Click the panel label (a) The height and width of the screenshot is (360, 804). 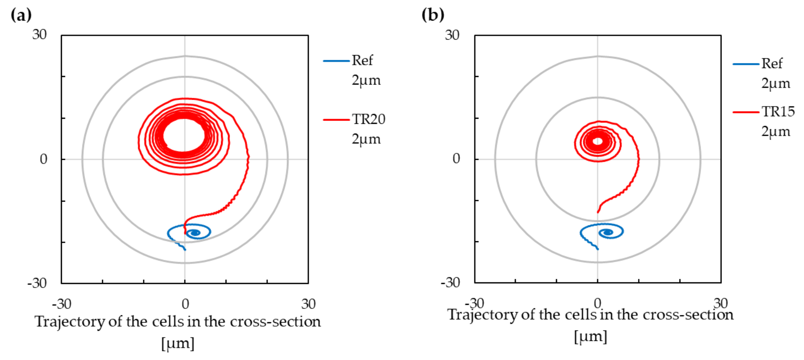(x=21, y=15)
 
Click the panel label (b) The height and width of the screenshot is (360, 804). (x=432, y=15)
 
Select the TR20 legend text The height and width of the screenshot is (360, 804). (x=368, y=119)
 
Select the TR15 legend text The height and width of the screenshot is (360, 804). (x=778, y=112)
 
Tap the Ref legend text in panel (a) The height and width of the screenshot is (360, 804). (x=362, y=60)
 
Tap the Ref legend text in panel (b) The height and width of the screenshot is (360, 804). (x=772, y=64)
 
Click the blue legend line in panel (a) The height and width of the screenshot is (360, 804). (x=336, y=61)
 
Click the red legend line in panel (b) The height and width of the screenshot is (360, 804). (x=746, y=112)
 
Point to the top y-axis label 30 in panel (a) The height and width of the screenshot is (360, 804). (x=39, y=35)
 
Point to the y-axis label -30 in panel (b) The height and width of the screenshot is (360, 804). (x=450, y=283)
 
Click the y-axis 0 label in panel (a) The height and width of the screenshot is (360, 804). (x=44, y=159)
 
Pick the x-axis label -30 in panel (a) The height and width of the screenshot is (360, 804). (x=62, y=304)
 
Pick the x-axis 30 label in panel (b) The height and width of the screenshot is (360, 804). (x=720, y=303)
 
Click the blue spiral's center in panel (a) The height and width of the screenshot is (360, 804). (x=195, y=233)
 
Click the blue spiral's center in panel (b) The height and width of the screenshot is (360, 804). (x=608, y=232)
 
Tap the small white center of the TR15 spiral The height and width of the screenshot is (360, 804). (x=598, y=141)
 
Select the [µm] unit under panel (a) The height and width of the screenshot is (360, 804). (x=178, y=343)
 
